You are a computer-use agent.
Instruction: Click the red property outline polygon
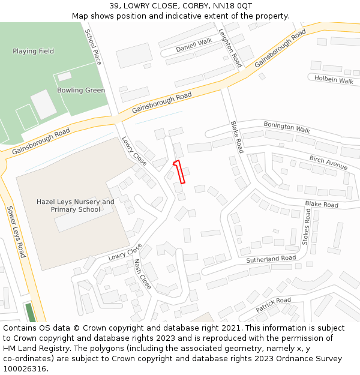coord(179,172)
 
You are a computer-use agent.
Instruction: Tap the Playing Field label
coord(33,52)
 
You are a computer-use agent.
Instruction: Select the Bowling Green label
coord(81,91)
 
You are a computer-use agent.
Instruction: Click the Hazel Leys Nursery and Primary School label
coord(75,206)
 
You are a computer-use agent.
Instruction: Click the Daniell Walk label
coord(194,44)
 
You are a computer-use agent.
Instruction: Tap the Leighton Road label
coord(230,48)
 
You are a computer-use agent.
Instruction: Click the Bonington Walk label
coord(287,127)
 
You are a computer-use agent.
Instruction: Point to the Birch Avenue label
coord(328,162)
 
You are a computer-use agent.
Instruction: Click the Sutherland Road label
coord(271,259)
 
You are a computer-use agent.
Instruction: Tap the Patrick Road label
coord(273,304)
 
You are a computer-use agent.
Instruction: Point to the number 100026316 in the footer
coord(24,369)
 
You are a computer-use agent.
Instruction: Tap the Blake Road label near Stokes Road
coord(322,205)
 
